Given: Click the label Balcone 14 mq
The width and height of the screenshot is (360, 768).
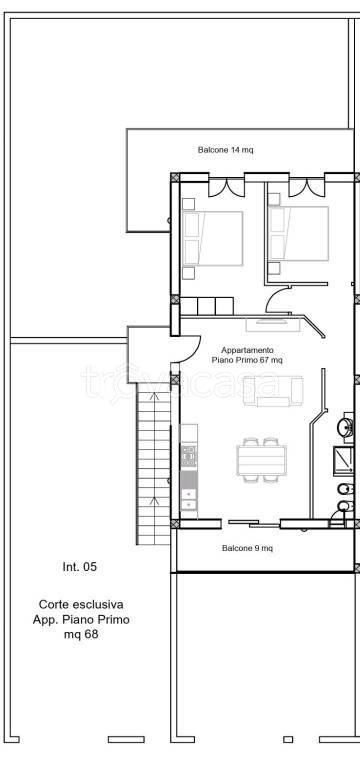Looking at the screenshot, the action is pos(226,150).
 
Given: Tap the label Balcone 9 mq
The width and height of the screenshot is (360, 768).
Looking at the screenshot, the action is pos(247,548).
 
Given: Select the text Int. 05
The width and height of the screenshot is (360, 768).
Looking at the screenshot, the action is pos(80,567).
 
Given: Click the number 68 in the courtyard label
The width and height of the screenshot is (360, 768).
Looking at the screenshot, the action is pos(91,634).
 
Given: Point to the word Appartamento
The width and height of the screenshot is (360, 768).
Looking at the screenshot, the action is pos(247,350).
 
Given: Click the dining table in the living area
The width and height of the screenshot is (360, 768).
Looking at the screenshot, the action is pos(261,460).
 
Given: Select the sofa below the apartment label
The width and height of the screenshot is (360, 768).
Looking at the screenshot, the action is pos(273,391).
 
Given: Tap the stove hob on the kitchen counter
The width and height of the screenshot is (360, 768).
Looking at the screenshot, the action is pos(189,456).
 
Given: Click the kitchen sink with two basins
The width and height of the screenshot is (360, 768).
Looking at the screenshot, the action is pos(189,499).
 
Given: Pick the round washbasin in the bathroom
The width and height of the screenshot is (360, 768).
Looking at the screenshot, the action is pos(345,427).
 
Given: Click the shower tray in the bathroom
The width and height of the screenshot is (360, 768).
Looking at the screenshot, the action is pos(343,461).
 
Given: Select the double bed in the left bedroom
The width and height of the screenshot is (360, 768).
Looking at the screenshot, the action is pos(213,238).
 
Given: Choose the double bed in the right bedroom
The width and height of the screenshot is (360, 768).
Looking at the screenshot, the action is pos(298,234).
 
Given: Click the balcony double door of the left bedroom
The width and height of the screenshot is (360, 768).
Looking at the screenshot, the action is pos(226,187).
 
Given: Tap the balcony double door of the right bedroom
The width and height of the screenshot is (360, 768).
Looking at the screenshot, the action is pos(307,187).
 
